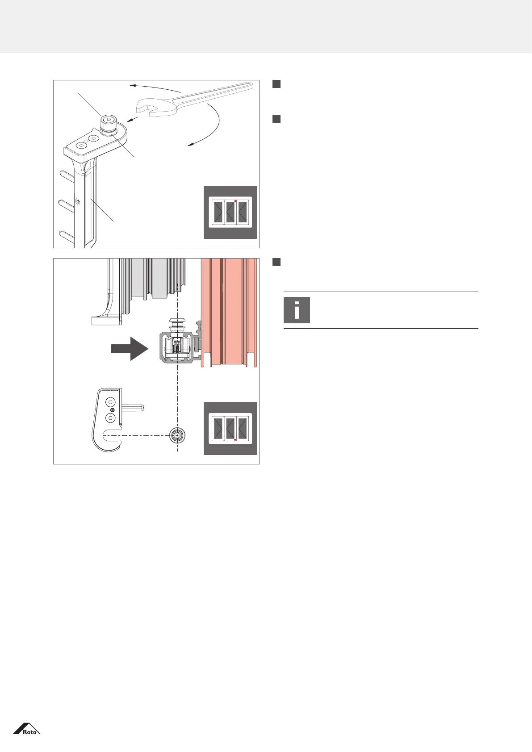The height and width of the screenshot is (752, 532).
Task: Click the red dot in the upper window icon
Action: [235, 201]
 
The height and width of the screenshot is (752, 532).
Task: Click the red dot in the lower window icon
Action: [235, 440]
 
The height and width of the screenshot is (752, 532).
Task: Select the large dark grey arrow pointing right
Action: [130, 348]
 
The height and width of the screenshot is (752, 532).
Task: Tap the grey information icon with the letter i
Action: [297, 310]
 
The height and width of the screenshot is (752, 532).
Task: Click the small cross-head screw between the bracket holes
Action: [113, 410]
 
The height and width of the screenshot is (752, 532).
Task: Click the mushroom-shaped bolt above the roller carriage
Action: [177, 326]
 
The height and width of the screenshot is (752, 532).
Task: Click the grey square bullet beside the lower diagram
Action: [276, 262]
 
